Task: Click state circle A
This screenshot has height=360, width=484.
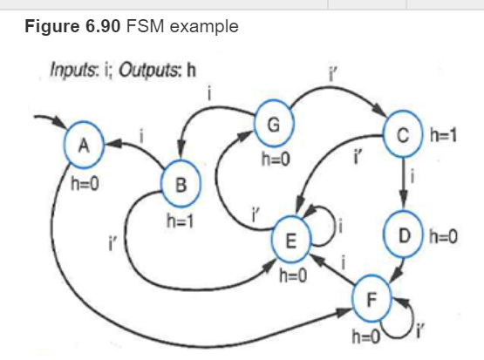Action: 85,146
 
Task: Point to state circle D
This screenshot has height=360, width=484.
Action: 403,236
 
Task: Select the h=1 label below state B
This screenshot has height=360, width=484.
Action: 181,221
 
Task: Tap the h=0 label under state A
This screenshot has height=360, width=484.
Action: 85,184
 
